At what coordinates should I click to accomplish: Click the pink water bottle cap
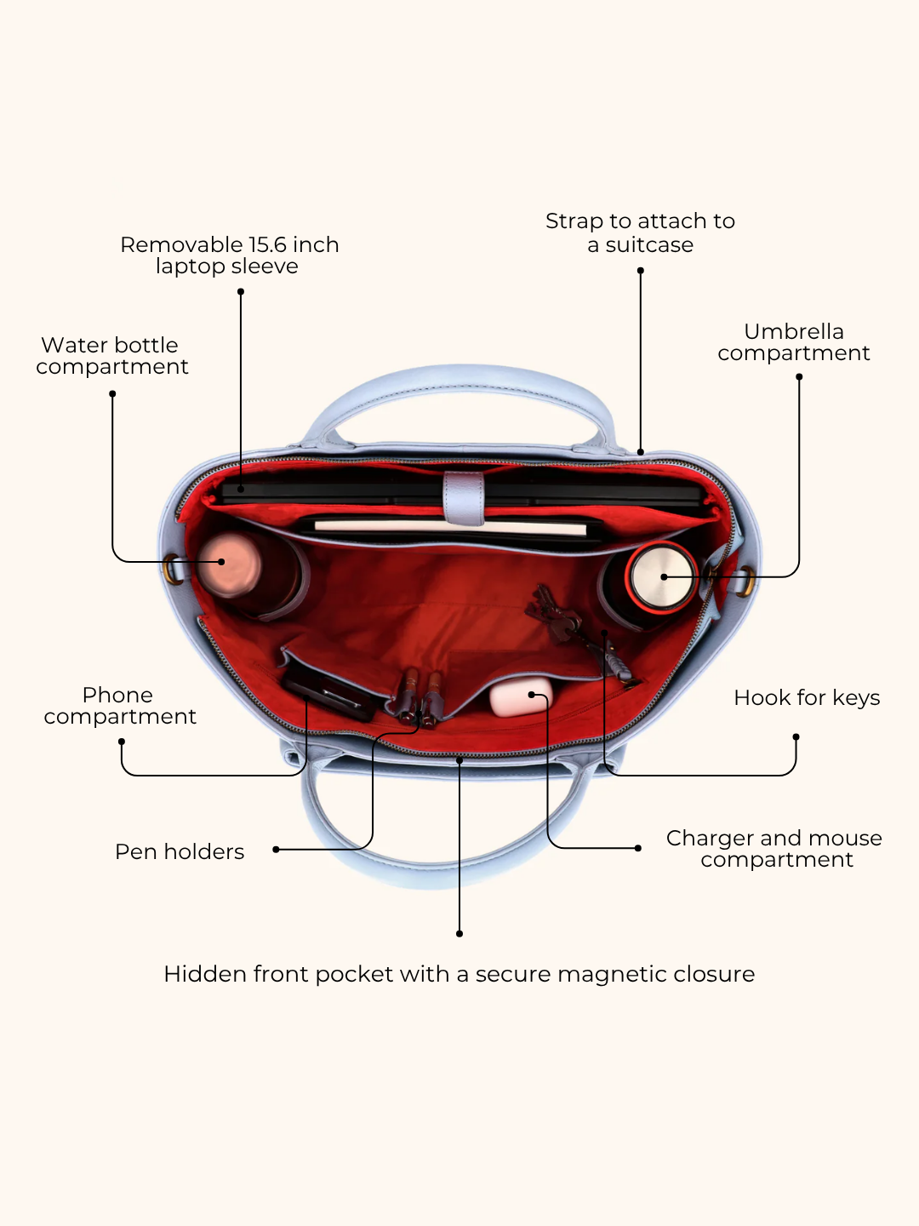click(229, 564)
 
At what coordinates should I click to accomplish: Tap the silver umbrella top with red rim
click(661, 576)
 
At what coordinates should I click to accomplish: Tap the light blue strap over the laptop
click(463, 498)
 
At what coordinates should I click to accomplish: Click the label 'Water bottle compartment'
click(112, 356)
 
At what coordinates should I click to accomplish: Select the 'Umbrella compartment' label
click(793, 342)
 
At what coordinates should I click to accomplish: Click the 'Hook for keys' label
click(807, 697)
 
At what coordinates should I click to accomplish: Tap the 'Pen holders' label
click(180, 851)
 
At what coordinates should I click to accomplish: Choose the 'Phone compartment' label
click(120, 706)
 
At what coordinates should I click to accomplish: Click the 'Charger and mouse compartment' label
click(774, 849)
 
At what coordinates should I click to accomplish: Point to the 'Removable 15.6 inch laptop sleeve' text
click(230, 255)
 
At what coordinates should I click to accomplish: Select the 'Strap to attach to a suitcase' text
click(640, 232)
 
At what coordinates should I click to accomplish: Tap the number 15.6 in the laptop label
click(268, 244)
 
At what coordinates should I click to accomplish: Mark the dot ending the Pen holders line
click(276, 850)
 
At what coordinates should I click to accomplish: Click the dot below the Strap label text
click(641, 271)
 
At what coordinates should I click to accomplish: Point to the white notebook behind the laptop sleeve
click(450, 527)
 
